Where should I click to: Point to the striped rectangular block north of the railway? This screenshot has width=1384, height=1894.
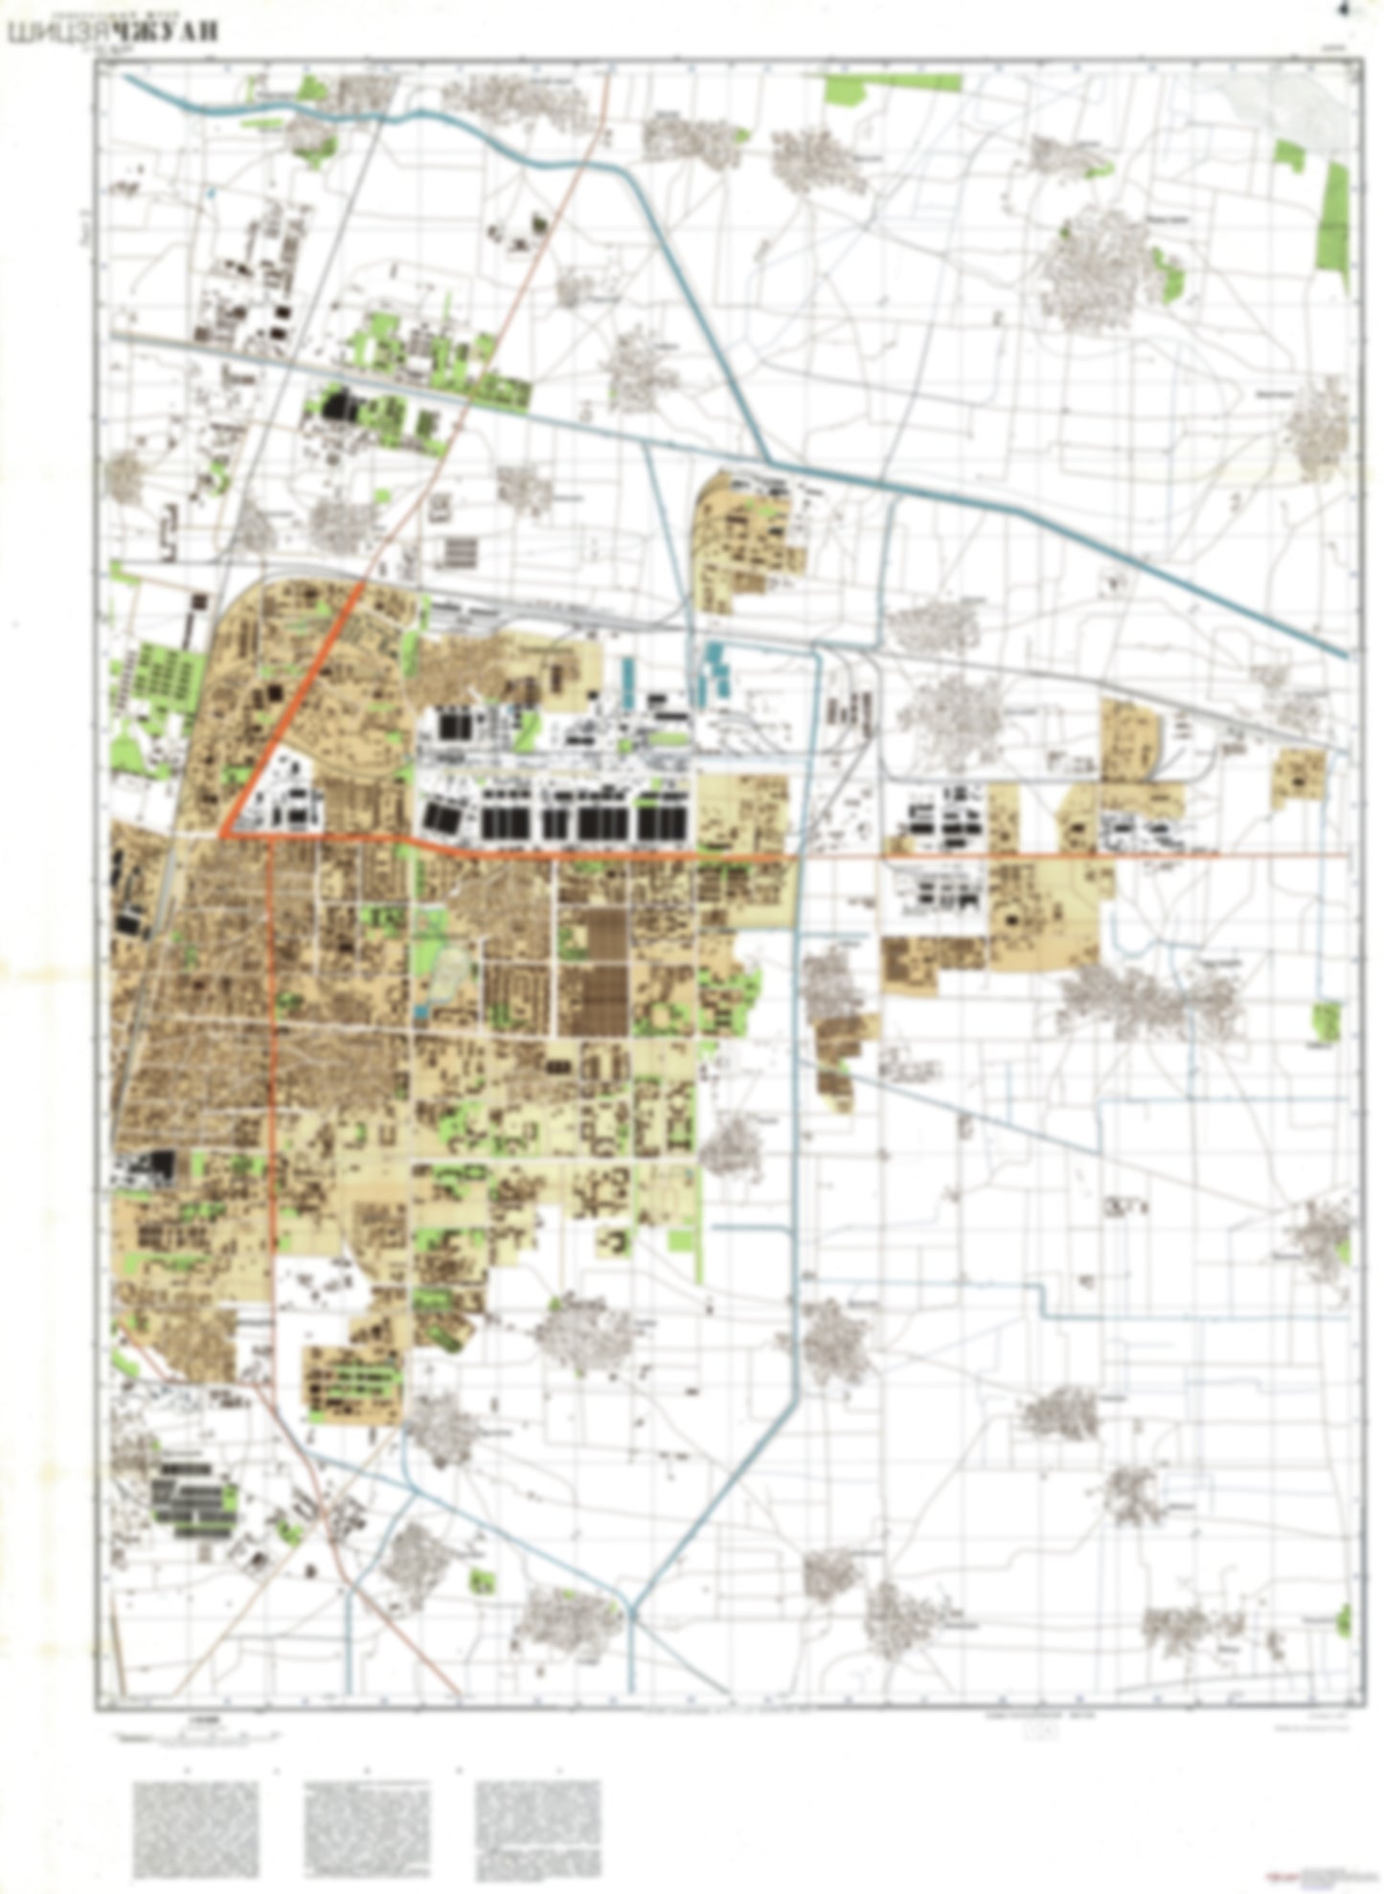(459, 552)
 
